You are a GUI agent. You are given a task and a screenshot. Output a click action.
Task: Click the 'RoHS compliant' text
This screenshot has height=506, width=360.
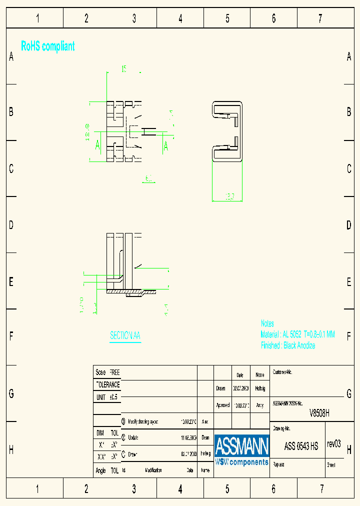point(48,46)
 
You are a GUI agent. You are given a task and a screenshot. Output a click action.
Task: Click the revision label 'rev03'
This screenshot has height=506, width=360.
point(333,444)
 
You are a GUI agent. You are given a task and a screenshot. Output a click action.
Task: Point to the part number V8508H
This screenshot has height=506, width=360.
point(319,413)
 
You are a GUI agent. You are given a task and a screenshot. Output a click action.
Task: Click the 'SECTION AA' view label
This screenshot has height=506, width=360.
point(125,335)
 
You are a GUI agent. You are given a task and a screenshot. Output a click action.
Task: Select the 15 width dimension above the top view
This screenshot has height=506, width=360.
point(123,69)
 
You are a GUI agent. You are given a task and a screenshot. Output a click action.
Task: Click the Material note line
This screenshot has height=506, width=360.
point(297,334)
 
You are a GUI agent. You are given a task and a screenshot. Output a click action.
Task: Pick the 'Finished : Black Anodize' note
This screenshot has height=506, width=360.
point(288,345)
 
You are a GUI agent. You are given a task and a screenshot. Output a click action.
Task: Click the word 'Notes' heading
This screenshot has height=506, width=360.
point(267,323)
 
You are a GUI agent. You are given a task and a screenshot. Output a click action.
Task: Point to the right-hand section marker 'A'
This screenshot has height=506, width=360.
point(166,146)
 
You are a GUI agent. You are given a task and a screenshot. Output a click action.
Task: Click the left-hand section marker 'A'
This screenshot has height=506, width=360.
point(98,145)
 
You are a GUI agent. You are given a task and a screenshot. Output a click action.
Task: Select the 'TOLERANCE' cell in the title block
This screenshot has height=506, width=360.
point(107,385)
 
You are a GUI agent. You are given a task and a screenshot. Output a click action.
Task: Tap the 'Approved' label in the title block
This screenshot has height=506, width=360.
point(222,405)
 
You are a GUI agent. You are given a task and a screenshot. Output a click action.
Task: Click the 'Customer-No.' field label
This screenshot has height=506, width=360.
point(282,372)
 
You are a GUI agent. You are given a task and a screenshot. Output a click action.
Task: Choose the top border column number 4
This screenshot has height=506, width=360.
point(180,19)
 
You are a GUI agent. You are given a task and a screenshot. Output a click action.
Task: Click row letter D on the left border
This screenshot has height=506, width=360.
point(11,225)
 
